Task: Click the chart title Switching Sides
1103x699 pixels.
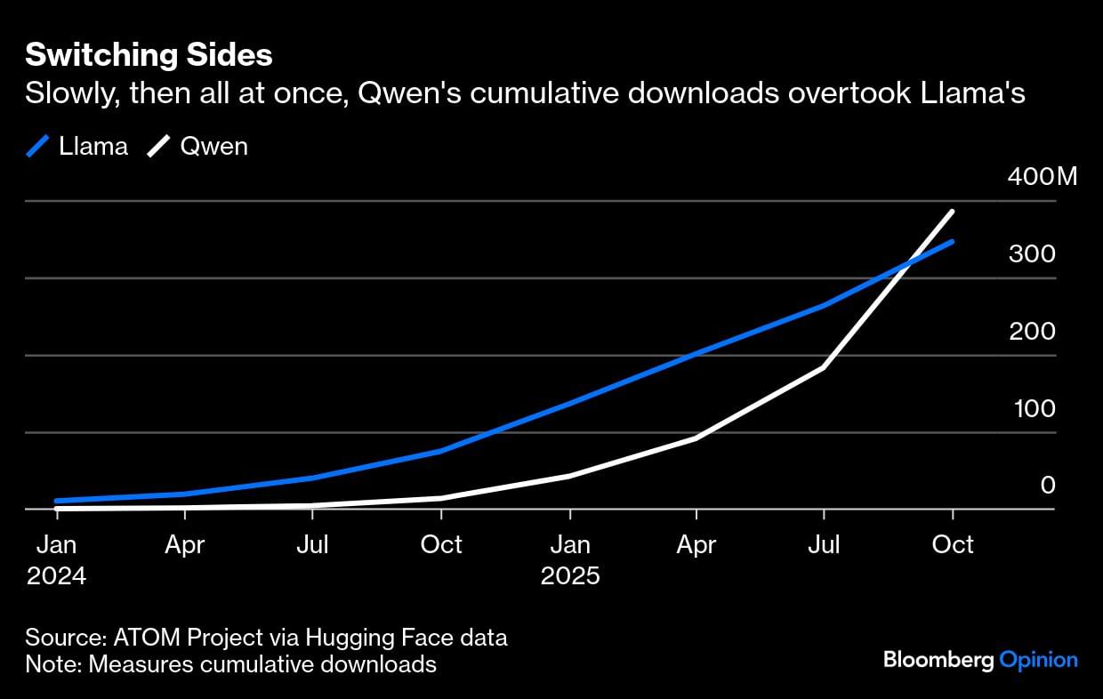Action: pyautogui.click(x=149, y=56)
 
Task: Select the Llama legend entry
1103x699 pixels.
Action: pyautogui.click(x=77, y=146)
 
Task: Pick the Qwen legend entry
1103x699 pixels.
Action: pyautogui.click(x=198, y=146)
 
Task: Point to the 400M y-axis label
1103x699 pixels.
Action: pyautogui.click(x=1042, y=176)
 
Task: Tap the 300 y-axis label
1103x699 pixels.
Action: pyautogui.click(x=1032, y=253)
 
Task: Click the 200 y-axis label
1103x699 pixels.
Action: pyautogui.click(x=1032, y=331)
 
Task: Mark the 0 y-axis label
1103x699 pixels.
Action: pyautogui.click(x=1048, y=486)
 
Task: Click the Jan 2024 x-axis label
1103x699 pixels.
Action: pyautogui.click(x=57, y=558)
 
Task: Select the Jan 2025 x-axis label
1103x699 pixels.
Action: pyautogui.click(x=570, y=558)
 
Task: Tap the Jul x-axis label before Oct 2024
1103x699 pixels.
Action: pyautogui.click(x=313, y=543)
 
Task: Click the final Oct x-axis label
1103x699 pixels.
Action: pyautogui.click(x=953, y=543)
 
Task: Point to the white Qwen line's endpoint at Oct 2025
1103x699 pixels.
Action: pyautogui.click(x=953, y=212)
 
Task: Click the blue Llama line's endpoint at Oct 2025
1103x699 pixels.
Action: pyautogui.click(x=953, y=242)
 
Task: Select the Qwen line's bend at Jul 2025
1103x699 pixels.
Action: pyautogui.click(x=825, y=367)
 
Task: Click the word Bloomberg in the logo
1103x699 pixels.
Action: pyautogui.click(x=938, y=660)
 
